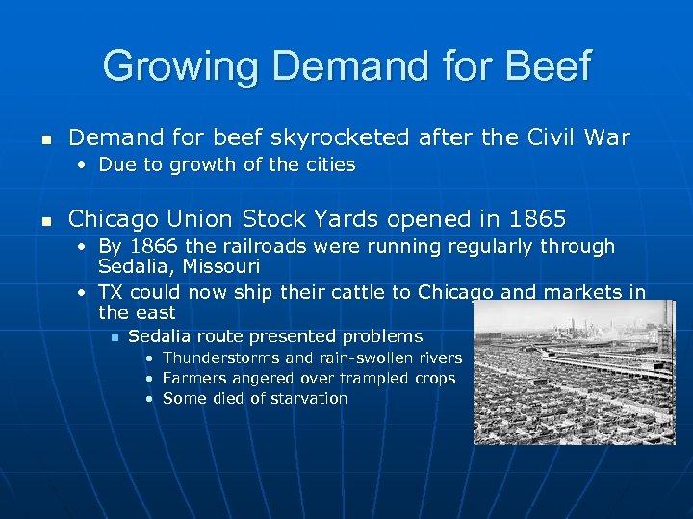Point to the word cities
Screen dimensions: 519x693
tap(327, 164)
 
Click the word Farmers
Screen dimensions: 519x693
tap(194, 378)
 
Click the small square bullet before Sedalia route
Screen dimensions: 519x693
tap(113, 336)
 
